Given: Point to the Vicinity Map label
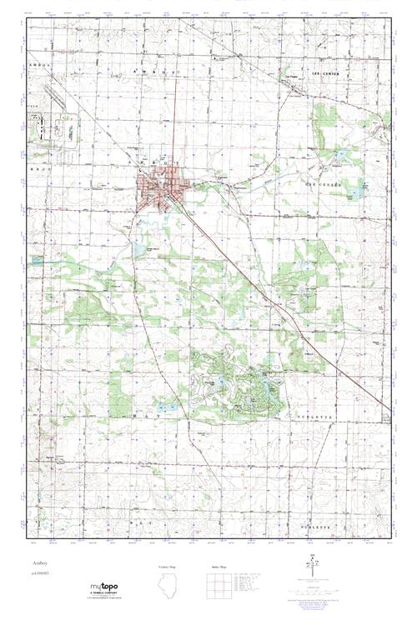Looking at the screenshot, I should point(167,565).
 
